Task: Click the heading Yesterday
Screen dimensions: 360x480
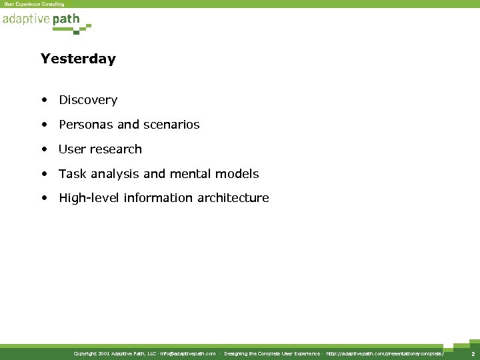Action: tap(78, 59)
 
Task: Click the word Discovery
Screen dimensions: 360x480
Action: tap(88, 100)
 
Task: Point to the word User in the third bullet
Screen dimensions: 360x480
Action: tap(71, 149)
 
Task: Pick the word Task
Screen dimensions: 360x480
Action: tap(71, 174)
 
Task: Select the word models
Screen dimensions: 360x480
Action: tap(241, 174)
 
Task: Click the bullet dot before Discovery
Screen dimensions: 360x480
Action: tap(44, 101)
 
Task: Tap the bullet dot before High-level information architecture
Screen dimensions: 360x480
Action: tap(44, 199)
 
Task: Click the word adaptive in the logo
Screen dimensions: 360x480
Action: tap(25, 19)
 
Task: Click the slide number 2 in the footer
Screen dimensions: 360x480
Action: tap(473, 353)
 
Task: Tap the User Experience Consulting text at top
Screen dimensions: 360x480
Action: tap(35, 4)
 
